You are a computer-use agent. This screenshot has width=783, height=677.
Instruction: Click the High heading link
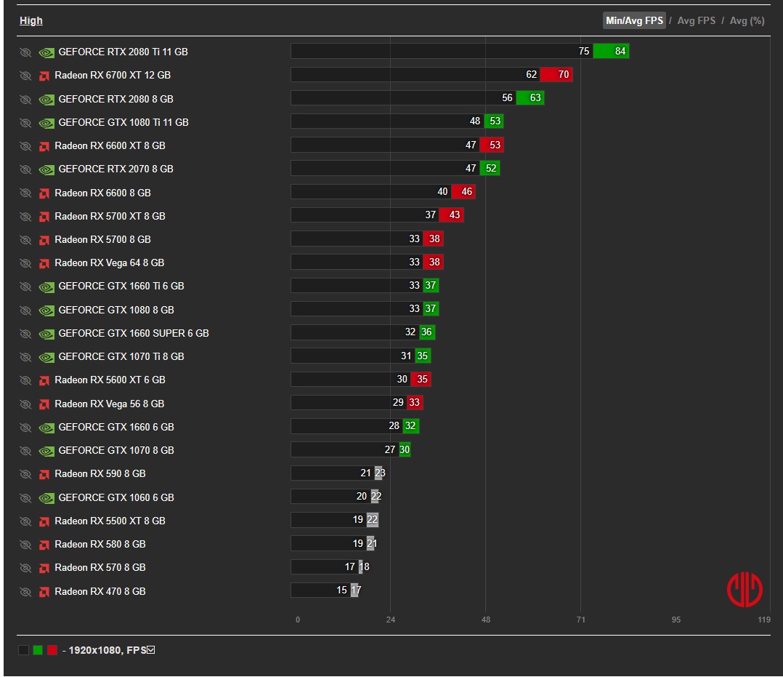click(x=31, y=20)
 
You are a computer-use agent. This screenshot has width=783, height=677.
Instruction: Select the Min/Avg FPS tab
click(x=634, y=20)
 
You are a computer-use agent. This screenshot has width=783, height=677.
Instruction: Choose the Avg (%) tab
click(x=747, y=20)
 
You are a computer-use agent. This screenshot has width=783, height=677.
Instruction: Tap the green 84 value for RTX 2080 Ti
click(x=620, y=51)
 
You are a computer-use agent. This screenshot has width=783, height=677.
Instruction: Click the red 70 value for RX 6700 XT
click(x=564, y=74)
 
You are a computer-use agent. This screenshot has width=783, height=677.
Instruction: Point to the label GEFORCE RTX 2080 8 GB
click(x=116, y=99)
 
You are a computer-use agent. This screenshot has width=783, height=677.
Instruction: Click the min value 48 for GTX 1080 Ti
click(x=475, y=121)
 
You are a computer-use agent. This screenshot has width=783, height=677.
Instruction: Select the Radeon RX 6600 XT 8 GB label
click(x=110, y=145)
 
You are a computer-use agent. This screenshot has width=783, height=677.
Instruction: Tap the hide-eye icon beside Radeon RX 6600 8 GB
click(x=25, y=193)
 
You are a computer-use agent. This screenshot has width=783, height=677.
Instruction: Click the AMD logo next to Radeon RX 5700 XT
click(x=44, y=217)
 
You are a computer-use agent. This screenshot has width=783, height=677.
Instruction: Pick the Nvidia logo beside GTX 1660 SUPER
click(x=46, y=334)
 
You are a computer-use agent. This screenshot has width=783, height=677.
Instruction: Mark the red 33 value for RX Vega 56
click(x=414, y=403)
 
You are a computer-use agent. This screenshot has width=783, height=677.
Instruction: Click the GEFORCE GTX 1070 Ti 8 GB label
click(x=121, y=356)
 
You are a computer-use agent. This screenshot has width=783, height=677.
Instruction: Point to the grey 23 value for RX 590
click(x=380, y=473)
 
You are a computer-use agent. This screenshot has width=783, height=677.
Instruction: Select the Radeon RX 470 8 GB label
click(x=100, y=591)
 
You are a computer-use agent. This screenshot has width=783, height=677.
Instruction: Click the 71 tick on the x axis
click(x=581, y=620)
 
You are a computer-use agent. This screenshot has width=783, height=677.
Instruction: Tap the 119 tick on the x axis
click(x=764, y=620)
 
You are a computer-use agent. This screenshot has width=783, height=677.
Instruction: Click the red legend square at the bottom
click(x=52, y=650)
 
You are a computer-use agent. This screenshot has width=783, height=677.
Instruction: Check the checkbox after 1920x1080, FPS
click(x=151, y=650)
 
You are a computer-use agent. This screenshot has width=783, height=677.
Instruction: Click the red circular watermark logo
click(x=745, y=590)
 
